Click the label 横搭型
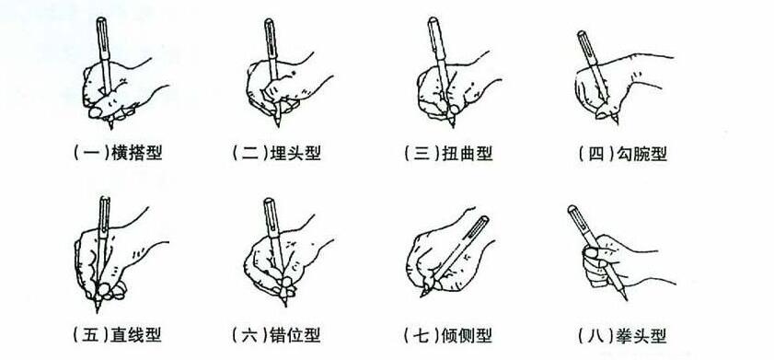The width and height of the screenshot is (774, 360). click(137, 153)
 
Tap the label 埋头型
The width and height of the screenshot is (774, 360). click(296, 153)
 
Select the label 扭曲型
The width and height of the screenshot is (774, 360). click(468, 153)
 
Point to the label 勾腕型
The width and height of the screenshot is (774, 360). click(641, 154)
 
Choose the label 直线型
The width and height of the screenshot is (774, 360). click(137, 335)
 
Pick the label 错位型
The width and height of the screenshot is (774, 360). click(295, 335)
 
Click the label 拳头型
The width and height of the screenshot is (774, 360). click(641, 336)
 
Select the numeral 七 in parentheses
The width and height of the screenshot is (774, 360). click(422, 335)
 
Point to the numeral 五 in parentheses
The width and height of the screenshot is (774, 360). click(91, 335)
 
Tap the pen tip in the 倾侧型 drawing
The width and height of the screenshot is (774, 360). click(422, 295)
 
